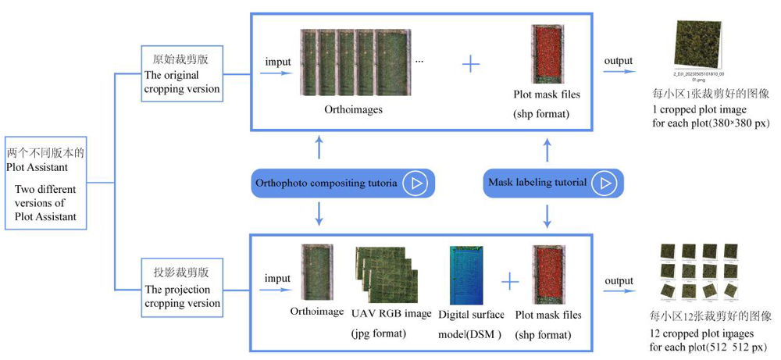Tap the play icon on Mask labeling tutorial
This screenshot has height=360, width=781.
pos(604,183)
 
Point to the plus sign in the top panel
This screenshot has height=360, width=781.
pos(470,64)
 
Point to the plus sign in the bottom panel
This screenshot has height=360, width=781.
pos(509,281)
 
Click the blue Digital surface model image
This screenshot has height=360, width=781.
pos(465,276)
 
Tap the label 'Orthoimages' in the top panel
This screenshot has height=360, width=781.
pos(354,110)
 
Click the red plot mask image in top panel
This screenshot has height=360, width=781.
pos(546,55)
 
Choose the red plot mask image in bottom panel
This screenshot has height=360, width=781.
pos(547,276)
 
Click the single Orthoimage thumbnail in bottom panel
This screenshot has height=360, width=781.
pos(317,273)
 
